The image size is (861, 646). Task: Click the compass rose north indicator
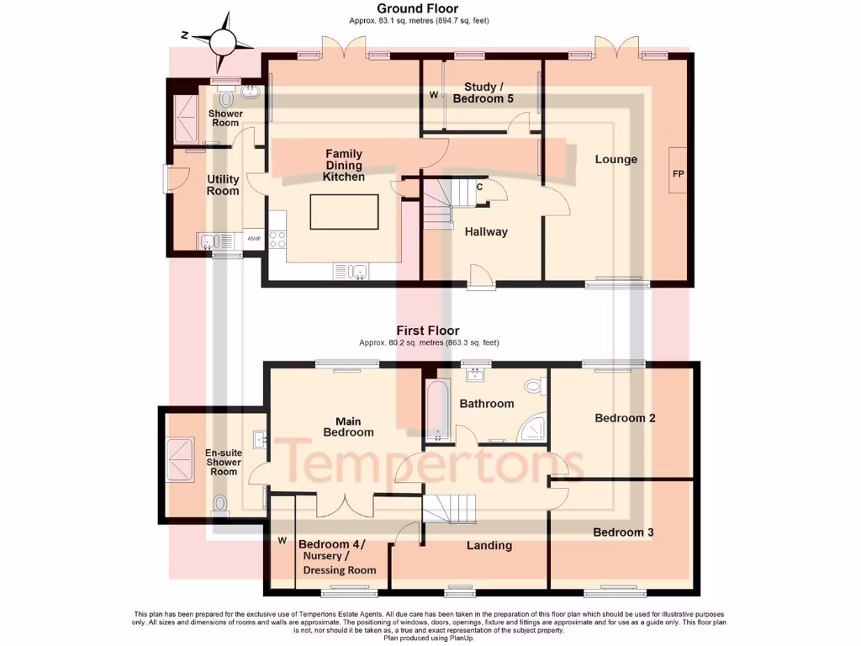coord(224,38)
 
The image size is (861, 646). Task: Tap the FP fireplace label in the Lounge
coord(678,173)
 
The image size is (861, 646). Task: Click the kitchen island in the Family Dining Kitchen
coord(344,211)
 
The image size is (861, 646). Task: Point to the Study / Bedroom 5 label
coord(483,93)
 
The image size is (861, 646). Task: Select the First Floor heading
coord(429,331)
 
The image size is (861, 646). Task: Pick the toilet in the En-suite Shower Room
coord(220,505)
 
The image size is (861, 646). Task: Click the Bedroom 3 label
coord(623,532)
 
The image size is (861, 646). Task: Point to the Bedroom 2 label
coord(625,418)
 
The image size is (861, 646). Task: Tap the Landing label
coord(489,545)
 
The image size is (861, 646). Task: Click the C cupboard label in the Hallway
coord(479,187)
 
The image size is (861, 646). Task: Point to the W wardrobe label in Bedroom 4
coord(283,540)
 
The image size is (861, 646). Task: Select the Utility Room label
coord(223,185)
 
